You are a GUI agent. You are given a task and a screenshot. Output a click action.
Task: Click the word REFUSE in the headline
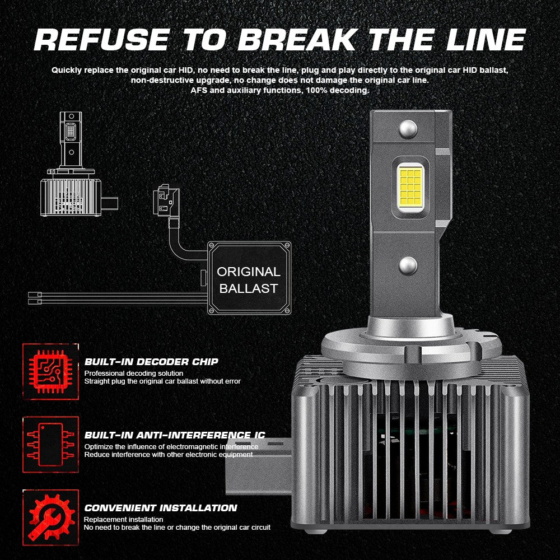[102, 39]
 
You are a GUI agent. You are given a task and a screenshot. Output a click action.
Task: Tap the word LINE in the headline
[486, 39]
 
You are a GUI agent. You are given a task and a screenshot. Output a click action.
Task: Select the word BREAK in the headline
[298, 39]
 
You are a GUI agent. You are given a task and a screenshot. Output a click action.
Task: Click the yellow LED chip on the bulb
[410, 187]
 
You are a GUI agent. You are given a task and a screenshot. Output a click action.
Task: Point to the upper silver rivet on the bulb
[408, 129]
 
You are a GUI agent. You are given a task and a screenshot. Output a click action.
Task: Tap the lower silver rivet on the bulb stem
[408, 265]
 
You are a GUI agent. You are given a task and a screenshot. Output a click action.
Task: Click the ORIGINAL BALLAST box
[249, 278]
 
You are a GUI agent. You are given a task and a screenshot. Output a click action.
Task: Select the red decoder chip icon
[51, 371]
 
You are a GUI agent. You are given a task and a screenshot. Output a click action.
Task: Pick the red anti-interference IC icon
[51, 445]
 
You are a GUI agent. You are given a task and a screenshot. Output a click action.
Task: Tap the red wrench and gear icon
[51, 517]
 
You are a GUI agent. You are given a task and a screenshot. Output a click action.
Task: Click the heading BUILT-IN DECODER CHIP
[151, 362]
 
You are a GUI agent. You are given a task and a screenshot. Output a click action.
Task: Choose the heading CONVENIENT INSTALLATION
[160, 508]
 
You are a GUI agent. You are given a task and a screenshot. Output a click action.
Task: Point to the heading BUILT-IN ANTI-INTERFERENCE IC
[175, 435]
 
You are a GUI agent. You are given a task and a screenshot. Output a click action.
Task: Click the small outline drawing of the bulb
[79, 164]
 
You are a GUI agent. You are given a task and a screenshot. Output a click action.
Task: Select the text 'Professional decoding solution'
[134, 373]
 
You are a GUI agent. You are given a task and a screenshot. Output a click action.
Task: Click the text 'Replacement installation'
[124, 519]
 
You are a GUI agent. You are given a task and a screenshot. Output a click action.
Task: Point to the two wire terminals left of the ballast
[35, 298]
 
